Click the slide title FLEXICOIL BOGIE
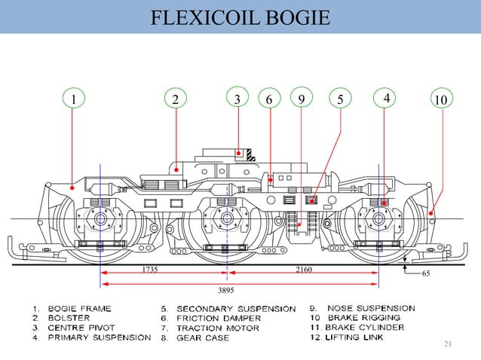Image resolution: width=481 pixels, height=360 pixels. [x=240, y=17]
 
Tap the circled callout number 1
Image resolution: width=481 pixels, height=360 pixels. [x=73, y=99]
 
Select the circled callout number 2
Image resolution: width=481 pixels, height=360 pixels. [x=175, y=99]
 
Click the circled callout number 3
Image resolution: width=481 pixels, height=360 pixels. [x=237, y=98]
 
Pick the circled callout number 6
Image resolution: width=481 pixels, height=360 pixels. [x=268, y=99]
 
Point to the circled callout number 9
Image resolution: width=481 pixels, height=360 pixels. [x=301, y=98]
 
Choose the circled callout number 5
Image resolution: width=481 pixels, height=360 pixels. [x=340, y=99]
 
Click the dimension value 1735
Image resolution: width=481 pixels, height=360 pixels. [x=150, y=269]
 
